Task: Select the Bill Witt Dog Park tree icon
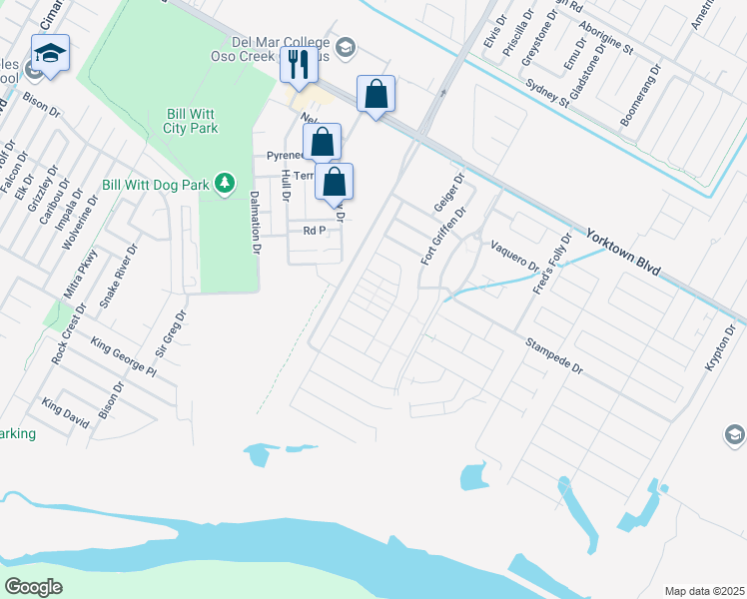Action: click(227, 182)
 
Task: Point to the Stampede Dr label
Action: click(554, 355)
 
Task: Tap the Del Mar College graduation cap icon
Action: click(346, 46)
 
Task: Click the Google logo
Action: click(34, 587)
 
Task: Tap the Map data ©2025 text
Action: click(703, 591)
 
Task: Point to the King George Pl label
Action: click(124, 357)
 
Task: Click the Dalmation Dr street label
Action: click(254, 222)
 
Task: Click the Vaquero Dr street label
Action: click(514, 256)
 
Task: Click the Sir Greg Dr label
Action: click(171, 335)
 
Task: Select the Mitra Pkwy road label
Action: click(87, 274)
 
